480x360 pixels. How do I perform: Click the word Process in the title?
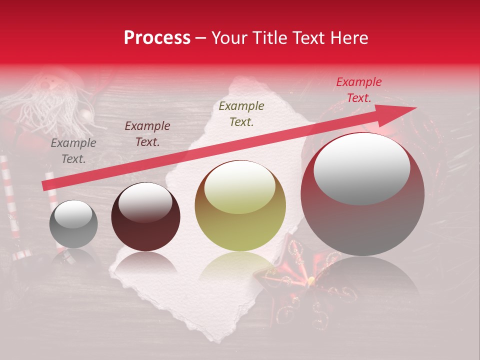pos(157,38)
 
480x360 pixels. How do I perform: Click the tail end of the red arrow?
pos(44,186)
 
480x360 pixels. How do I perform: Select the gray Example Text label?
pos(73,151)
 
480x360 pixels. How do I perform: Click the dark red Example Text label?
pos(147,134)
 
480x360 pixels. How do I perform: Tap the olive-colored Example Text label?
pos(241,113)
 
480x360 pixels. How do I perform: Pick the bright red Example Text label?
pos(358,90)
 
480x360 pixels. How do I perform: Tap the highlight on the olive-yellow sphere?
pos(240,187)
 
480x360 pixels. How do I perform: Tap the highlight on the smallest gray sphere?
pos(73,214)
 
